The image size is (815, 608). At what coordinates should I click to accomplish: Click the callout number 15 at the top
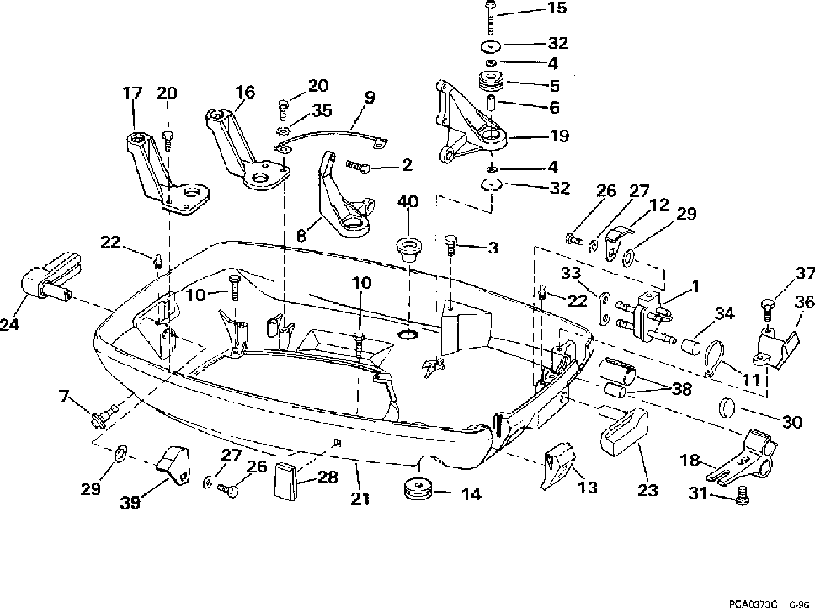(557, 8)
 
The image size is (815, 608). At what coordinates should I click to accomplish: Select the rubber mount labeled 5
(491, 83)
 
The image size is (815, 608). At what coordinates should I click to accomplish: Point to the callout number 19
(559, 136)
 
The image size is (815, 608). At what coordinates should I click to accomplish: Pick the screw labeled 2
(358, 167)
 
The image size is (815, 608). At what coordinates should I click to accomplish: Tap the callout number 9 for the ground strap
(369, 98)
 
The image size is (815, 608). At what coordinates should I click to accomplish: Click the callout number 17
(132, 93)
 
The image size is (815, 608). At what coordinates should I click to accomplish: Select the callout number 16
(245, 92)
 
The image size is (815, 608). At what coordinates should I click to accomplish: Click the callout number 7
(64, 397)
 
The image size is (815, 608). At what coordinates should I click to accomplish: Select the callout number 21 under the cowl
(360, 499)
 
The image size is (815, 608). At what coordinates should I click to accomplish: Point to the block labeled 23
(624, 430)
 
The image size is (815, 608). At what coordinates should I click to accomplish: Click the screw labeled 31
(742, 493)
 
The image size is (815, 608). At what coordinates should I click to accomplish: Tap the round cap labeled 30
(727, 407)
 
